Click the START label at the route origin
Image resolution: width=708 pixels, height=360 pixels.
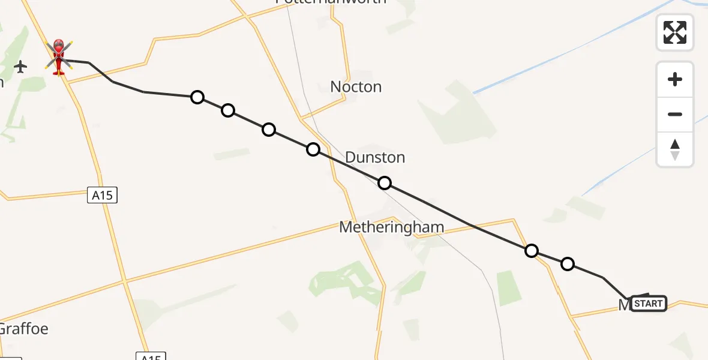point(648,304)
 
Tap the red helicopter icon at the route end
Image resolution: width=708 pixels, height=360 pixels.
point(59,57)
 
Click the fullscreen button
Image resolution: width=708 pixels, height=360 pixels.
point(675,32)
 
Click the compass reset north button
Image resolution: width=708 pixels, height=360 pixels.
point(675,149)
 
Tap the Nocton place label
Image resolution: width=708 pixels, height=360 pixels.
point(356,87)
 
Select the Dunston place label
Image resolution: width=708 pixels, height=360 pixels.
point(375,158)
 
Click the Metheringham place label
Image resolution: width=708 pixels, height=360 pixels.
point(391,227)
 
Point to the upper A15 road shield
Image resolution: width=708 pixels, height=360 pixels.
point(102,195)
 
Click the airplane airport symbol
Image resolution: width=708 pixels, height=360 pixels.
point(20,67)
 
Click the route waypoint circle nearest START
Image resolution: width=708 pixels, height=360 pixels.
point(567,263)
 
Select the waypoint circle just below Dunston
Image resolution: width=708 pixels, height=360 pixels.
point(385,183)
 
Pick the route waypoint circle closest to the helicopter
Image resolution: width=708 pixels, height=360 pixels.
point(197,97)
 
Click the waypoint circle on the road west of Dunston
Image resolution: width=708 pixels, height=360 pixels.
point(313,149)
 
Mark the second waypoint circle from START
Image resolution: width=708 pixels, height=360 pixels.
point(531,251)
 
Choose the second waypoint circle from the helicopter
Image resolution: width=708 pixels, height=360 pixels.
point(227,110)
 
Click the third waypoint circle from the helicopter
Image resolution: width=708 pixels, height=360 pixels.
point(269,130)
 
